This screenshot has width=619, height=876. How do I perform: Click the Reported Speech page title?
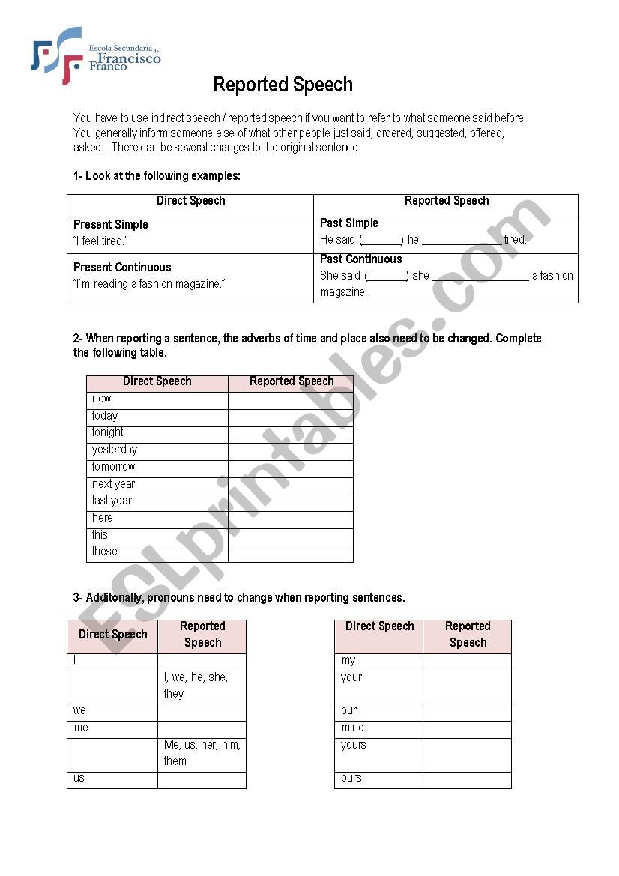[283, 85]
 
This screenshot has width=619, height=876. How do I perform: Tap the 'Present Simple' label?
[111, 224]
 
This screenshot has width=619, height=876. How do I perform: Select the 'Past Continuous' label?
[360, 259]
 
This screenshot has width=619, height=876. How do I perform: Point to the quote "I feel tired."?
[100, 241]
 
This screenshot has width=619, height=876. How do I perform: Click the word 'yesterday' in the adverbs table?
[115, 450]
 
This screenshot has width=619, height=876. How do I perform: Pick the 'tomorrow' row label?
[113, 467]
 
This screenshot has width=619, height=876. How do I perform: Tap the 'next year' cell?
[113, 484]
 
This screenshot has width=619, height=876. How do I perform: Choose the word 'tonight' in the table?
[108, 432]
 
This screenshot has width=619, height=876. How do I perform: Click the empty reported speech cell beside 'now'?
[290, 399]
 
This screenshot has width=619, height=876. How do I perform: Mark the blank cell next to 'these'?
[290, 553]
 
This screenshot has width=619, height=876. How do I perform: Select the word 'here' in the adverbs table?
[103, 518]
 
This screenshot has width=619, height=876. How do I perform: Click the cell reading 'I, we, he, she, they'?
[201, 686]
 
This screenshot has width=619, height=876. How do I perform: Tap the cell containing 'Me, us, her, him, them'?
[202, 753]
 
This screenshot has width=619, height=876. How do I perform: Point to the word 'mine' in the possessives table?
[352, 728]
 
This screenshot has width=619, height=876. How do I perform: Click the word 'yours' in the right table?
[354, 745]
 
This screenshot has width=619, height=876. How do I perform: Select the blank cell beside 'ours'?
[466, 779]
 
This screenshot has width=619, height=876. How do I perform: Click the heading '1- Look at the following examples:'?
[157, 175]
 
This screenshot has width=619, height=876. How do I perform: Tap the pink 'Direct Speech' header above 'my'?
[379, 626]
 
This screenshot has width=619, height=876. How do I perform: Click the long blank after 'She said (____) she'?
[480, 276]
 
